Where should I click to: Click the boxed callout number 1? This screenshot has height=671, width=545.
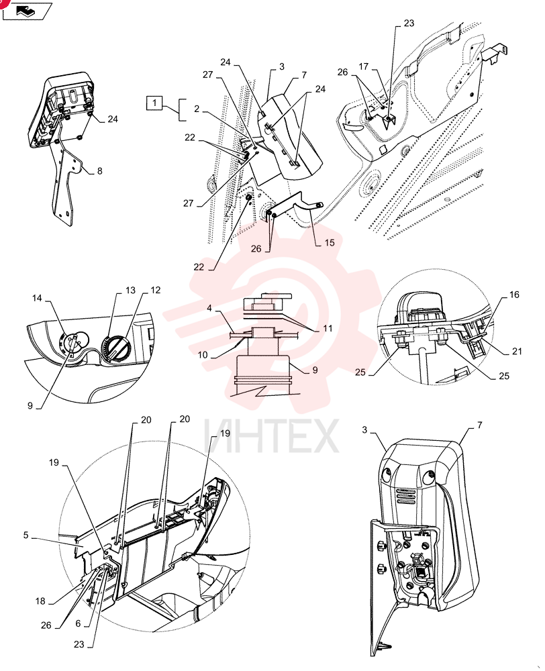pos(154,103)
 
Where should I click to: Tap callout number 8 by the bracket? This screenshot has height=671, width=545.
pos(100,171)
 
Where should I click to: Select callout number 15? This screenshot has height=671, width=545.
pos(330,243)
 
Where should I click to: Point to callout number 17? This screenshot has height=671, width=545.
pos(364,66)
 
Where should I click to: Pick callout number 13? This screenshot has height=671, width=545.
pos(131,290)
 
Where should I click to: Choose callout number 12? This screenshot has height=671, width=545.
pos(156,290)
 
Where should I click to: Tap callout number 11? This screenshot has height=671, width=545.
pos(328,329)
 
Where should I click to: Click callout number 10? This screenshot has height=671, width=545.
pos(203,355)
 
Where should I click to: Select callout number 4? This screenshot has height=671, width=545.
pos(209,308)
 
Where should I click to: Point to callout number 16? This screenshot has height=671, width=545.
pos(514,295)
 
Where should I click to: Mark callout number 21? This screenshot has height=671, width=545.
pos(517,352)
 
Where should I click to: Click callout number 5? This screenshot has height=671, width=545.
pos(26,535)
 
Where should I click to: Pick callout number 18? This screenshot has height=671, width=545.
pos(40,601)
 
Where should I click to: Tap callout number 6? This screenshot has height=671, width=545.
pos(78,623)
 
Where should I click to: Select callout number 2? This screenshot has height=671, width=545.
pos(197,109)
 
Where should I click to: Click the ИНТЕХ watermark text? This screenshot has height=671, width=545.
pos(271,437)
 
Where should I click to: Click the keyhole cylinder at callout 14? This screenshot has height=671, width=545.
pos(72,342)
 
